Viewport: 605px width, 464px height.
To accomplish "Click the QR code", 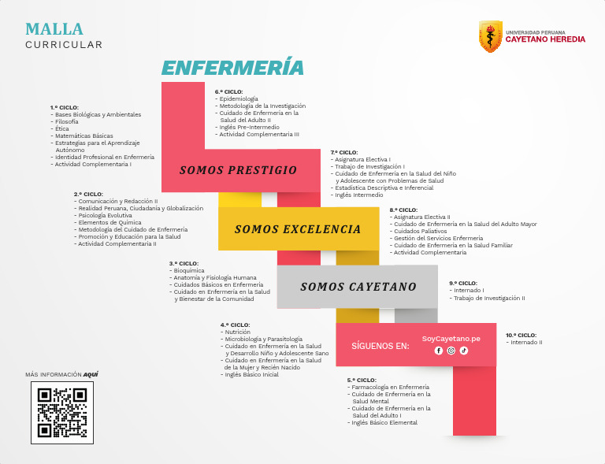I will [x=62, y=413].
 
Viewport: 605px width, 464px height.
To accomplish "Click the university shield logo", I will [x=490, y=36].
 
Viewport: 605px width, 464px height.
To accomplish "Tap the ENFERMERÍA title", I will [x=232, y=68].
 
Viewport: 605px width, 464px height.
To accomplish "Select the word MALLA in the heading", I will [x=54, y=29].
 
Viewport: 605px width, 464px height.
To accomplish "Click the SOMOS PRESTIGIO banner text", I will [x=238, y=170].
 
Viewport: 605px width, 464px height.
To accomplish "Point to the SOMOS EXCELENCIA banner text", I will [x=297, y=229].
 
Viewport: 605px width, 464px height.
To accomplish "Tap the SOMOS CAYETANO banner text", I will [x=358, y=287].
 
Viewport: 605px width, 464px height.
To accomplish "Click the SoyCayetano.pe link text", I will [x=451, y=338].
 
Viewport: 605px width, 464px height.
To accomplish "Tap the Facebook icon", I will [x=439, y=351].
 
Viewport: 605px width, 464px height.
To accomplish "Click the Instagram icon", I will [x=451, y=351].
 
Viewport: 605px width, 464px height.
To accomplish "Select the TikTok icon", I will [x=464, y=351].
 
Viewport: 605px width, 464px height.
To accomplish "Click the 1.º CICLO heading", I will [x=65, y=107].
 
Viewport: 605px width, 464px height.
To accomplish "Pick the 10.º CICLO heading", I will [x=521, y=335].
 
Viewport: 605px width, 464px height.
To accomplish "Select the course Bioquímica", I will [x=189, y=270].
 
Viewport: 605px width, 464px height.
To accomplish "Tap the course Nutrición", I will [x=238, y=332].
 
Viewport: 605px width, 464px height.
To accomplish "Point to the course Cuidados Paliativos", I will [x=420, y=231].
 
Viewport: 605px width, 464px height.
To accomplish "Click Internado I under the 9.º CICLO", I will [x=470, y=290].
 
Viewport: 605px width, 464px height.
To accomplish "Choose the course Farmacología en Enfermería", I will [x=391, y=387].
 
